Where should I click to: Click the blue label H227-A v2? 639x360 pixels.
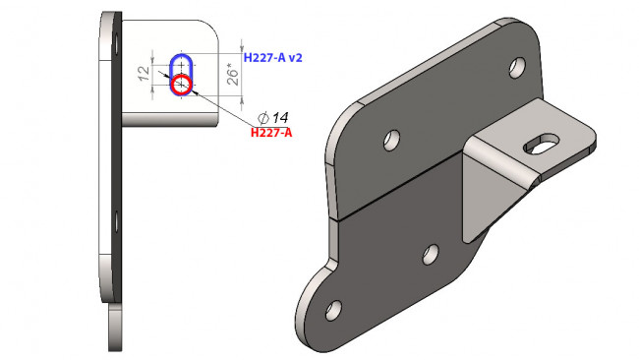(272, 58)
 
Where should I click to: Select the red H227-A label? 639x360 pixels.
(271, 133)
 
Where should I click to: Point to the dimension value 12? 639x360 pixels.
(144, 74)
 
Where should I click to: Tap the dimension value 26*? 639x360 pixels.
(232, 77)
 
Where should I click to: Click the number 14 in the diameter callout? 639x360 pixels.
(280, 118)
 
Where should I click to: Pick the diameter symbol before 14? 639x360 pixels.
(263, 118)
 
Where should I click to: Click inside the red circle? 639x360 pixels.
(181, 85)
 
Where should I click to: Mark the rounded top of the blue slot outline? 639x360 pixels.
(181, 55)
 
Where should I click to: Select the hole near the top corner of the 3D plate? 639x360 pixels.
(517, 67)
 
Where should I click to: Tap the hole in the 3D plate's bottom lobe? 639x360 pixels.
(334, 311)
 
